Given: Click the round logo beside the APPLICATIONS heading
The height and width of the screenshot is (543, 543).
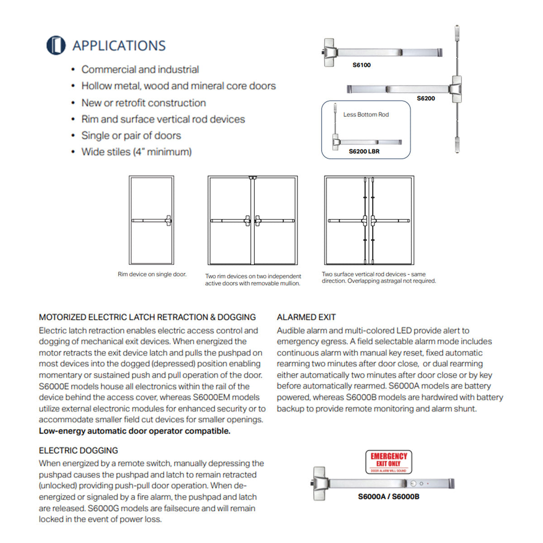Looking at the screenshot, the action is pos(56,45).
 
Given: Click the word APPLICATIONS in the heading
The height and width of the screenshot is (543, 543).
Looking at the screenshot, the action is pos(119,46).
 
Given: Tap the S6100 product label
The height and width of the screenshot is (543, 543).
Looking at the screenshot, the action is pos(362,65).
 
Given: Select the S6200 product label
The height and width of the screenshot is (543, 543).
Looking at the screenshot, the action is pos(426,98).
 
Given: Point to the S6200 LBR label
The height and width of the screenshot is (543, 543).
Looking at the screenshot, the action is pos(364,151).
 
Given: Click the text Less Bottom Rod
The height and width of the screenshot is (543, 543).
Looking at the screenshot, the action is pos(366,114).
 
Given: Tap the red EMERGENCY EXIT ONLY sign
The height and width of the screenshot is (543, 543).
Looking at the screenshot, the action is pos(389,462).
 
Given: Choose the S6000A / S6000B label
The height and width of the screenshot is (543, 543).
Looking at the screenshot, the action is pos(389,496).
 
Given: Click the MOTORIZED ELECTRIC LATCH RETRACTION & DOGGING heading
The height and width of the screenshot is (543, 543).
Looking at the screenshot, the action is pos(148,317).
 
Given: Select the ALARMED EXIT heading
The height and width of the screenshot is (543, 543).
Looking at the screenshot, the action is pos(306,317).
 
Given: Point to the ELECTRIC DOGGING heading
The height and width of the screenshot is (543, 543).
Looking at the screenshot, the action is pos(78,450).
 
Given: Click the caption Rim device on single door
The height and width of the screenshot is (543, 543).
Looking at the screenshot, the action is pos(152,274).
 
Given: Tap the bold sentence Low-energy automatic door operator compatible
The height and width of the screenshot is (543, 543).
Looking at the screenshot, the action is pos(135,431).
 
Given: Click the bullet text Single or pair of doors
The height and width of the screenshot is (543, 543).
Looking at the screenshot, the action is pos(131,136).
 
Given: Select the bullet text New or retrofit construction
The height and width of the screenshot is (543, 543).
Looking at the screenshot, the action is pos(144,103).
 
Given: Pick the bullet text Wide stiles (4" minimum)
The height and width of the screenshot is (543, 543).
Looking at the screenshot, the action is pos(136,152).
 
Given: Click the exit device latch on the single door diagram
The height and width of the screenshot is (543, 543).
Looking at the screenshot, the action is pos(168,220).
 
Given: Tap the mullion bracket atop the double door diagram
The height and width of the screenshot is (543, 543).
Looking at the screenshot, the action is pos(253,178).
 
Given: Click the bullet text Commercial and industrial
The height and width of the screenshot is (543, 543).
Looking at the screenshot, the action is pos(140,70).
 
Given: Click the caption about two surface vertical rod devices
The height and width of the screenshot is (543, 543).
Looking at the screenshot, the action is pos(379,277).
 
